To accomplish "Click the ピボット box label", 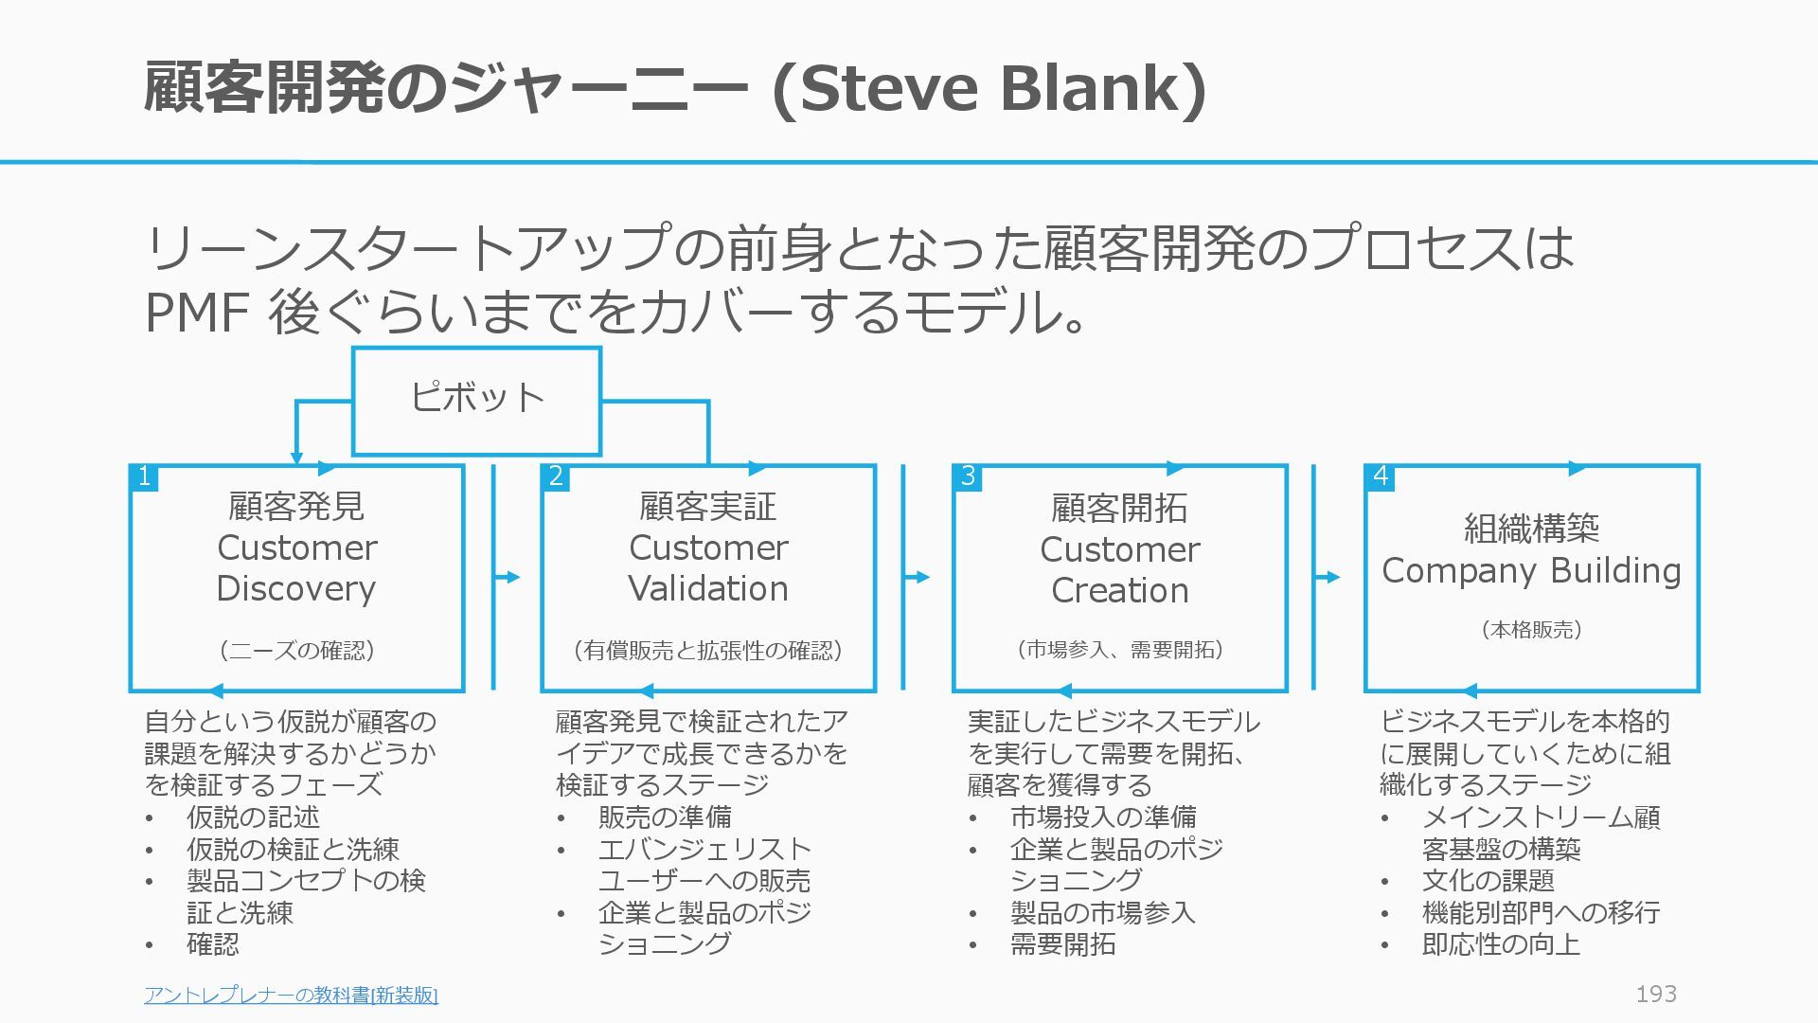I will [476, 397].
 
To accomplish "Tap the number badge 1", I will [144, 476].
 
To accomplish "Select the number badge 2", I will [556, 476].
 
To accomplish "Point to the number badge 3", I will [968, 476].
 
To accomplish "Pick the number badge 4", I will [1380, 476].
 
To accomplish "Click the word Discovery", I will [296, 589].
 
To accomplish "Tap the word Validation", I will [708, 589].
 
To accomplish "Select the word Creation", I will [1120, 591].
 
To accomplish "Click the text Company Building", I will [1531, 571].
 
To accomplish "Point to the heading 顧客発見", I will [296, 507].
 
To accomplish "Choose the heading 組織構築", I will [1531, 529].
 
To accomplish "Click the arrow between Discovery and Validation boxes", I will [508, 577].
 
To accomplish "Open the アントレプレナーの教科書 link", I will [291, 995].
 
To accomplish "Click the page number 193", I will [1656, 994].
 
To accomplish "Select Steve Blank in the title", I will [990, 88].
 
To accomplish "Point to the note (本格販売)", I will [1531, 630].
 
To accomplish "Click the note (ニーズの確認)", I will [296, 651].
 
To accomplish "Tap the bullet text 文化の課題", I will [1488, 881].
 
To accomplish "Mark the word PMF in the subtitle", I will [197, 313].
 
